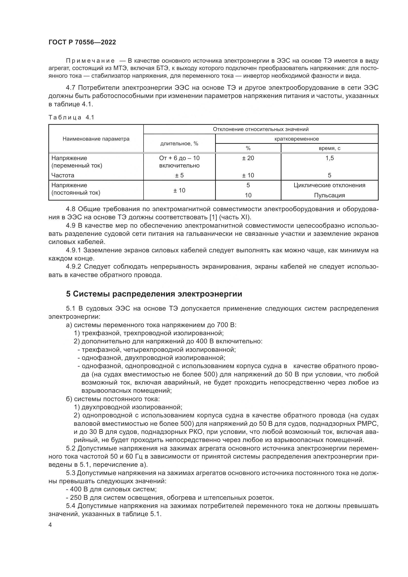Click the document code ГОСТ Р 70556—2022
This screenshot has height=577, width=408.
(x=82, y=42)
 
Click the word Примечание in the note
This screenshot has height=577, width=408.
(x=90, y=61)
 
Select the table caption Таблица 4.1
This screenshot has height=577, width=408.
(x=71, y=117)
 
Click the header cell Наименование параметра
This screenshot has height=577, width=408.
(x=96, y=139)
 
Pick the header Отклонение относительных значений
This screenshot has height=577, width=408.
(x=260, y=130)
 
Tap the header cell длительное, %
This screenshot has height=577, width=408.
(x=179, y=144)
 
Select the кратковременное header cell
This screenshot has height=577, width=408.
(x=297, y=139)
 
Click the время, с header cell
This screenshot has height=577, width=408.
(x=329, y=148)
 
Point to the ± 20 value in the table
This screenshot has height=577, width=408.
(x=248, y=158)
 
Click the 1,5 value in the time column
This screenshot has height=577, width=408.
(x=329, y=158)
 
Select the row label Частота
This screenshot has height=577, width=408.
(x=63, y=175)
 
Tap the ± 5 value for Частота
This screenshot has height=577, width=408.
(x=179, y=175)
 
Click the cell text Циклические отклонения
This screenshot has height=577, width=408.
(x=329, y=185)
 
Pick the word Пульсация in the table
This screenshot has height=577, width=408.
(x=329, y=195)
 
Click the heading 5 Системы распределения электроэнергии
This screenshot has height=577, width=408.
(x=154, y=294)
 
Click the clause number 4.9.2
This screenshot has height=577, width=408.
(x=74, y=266)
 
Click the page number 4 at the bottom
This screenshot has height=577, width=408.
(x=50, y=525)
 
